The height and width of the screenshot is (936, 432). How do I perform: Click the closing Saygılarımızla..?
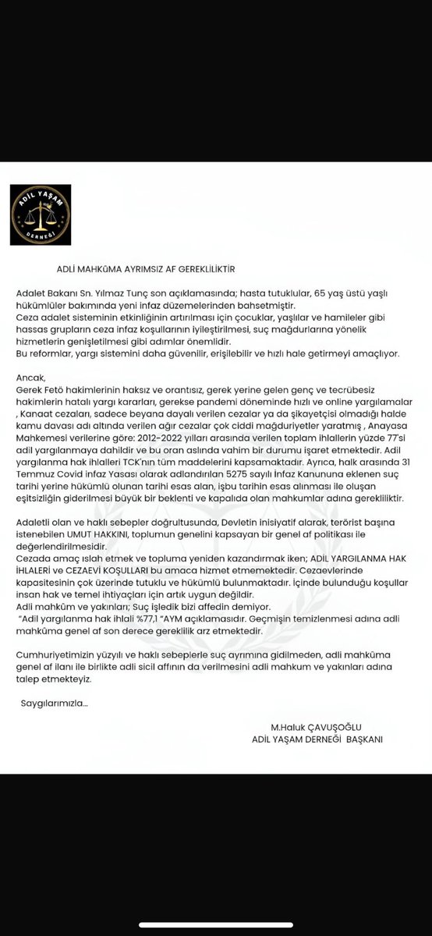click(54, 704)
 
